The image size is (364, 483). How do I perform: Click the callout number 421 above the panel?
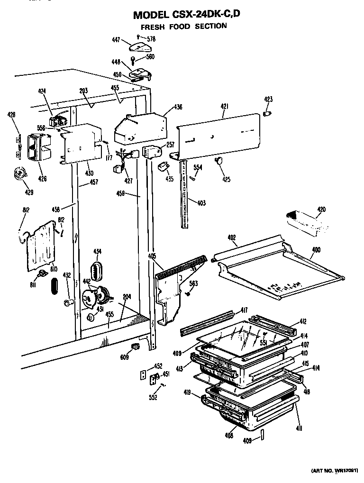[x=224, y=108]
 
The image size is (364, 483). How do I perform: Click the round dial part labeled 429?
[x=20, y=174]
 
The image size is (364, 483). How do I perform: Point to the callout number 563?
[x=193, y=283]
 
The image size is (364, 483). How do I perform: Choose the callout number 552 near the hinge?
[x=153, y=398]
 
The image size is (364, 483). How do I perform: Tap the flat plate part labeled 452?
[x=145, y=374]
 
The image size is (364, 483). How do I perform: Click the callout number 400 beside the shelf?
[x=316, y=250]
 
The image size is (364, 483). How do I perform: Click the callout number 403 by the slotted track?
[x=201, y=203]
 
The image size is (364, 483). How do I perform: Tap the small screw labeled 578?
[x=138, y=36]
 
